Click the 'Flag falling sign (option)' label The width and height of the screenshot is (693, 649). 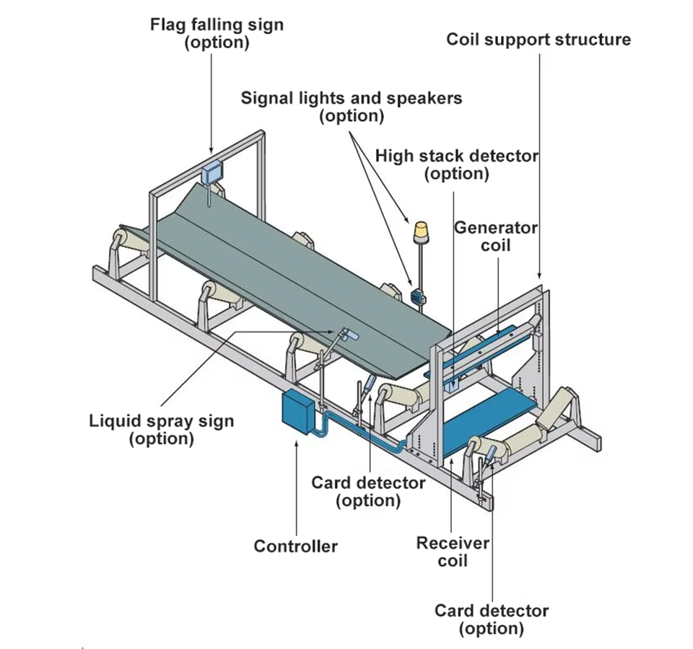[x=217, y=33]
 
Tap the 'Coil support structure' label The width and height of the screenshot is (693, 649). [x=539, y=39]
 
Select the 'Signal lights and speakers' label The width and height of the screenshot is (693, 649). [x=352, y=97]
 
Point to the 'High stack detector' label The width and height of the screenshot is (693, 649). [x=456, y=156]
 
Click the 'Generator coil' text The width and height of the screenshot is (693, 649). [x=495, y=237]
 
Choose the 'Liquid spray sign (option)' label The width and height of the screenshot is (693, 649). [x=161, y=429]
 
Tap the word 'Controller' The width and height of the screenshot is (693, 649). [x=295, y=546]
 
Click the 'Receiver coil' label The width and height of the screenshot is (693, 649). [x=453, y=552]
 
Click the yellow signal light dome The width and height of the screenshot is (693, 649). [x=421, y=231]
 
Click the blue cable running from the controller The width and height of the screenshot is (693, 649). [x=358, y=428]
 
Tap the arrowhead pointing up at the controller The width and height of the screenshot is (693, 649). [x=297, y=441]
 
